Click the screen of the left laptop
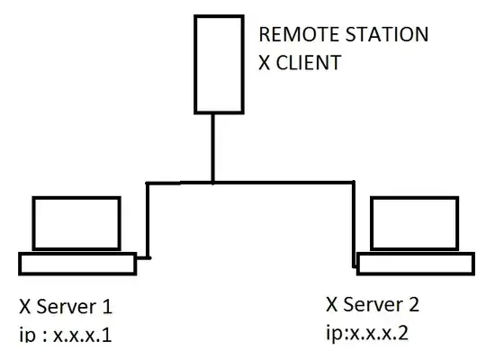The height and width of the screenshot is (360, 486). point(76,222)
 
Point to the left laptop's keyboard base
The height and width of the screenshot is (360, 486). point(76,264)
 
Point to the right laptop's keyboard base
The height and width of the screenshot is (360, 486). point(415,264)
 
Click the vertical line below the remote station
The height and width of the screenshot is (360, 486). point(212,148)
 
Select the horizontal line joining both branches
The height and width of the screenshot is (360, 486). point(270,184)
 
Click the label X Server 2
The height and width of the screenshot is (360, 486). point(372,302)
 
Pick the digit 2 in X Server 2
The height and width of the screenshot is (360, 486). point(413,302)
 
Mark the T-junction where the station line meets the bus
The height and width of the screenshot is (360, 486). point(212,184)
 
